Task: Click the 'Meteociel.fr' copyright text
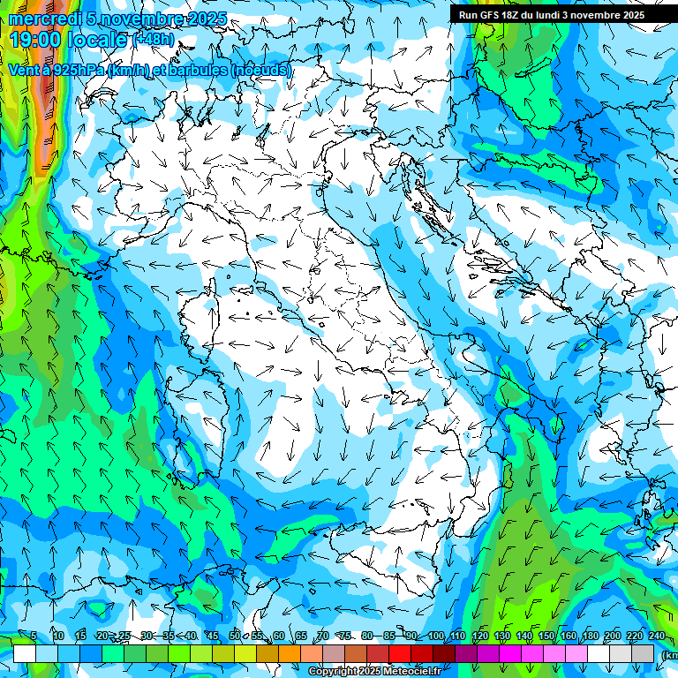click(x=418, y=672)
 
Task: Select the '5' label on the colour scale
click(x=34, y=637)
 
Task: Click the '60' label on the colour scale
click(x=278, y=637)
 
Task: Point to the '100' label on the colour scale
click(x=436, y=637)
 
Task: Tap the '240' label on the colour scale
click(x=657, y=637)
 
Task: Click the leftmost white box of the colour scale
click(x=25, y=653)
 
